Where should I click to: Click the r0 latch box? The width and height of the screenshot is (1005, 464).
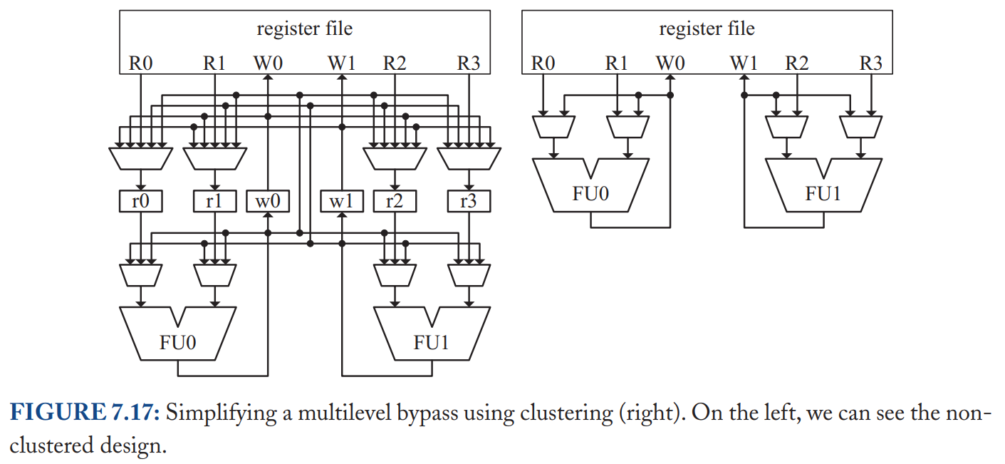(x=141, y=201)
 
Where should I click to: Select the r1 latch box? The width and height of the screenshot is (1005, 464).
(x=215, y=201)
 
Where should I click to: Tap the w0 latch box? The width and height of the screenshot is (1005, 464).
(x=268, y=201)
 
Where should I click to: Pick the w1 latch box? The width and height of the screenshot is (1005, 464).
(x=342, y=201)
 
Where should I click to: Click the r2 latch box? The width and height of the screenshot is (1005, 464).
(x=395, y=201)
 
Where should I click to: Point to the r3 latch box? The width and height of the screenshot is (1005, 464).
(x=469, y=201)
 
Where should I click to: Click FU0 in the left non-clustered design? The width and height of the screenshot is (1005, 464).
(x=177, y=341)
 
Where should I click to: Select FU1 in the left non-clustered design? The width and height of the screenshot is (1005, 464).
(x=432, y=341)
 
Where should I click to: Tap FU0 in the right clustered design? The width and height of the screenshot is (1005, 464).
(x=590, y=193)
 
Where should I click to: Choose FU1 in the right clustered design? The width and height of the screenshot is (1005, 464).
(x=823, y=193)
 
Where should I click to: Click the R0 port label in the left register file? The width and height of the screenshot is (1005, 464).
(x=140, y=63)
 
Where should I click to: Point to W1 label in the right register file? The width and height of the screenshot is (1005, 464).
(x=744, y=63)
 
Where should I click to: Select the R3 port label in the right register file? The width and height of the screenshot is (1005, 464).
(x=871, y=63)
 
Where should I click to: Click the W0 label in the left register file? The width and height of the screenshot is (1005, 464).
(x=268, y=63)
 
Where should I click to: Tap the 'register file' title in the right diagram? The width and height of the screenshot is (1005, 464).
(x=707, y=29)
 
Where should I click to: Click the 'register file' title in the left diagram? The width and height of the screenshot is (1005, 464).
(x=305, y=29)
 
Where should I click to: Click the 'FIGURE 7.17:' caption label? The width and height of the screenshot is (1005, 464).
(x=85, y=412)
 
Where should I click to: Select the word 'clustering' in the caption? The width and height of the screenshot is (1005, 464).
(x=567, y=413)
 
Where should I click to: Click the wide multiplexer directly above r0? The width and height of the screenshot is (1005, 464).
(x=141, y=158)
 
